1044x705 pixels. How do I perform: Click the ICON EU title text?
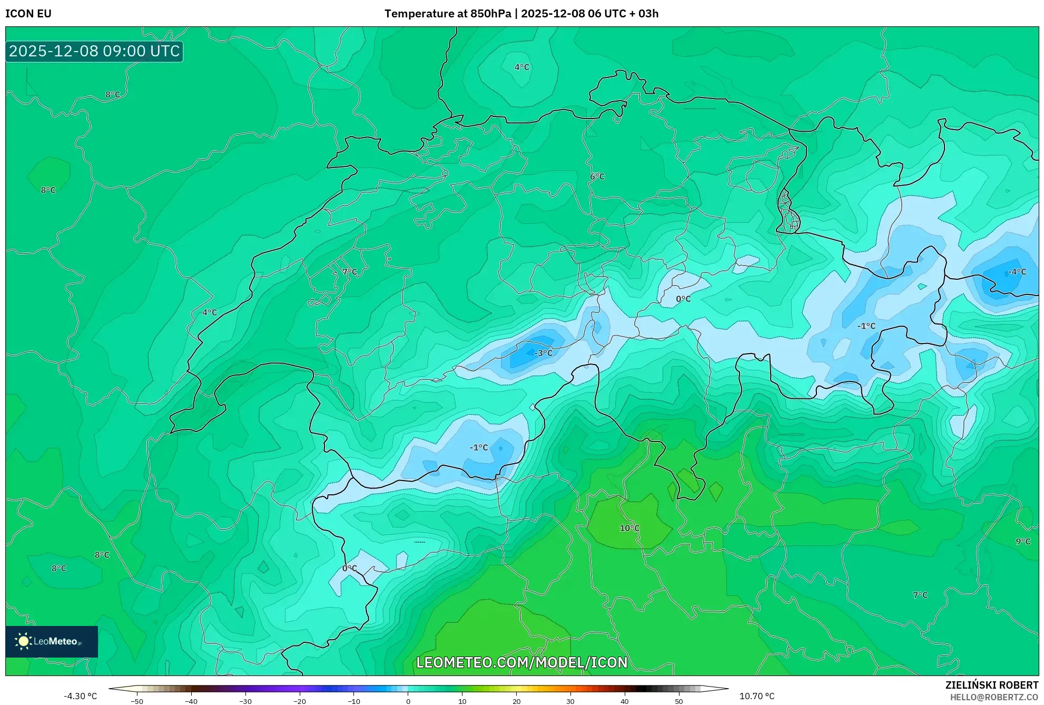pos(28,14)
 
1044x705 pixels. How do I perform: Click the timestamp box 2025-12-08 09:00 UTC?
pos(94,51)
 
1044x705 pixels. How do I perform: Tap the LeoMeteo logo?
pos(51,641)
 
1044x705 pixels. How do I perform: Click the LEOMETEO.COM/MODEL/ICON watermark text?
pos(521,662)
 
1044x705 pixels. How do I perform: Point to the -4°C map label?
pos(1017,272)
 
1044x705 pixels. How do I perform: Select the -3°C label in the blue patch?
pos(544,353)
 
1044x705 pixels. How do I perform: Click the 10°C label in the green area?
pos(629,528)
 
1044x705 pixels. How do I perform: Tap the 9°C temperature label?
pos(1022,541)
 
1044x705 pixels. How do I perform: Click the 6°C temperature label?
pos(597,177)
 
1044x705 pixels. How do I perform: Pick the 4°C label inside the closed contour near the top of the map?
pos(521,67)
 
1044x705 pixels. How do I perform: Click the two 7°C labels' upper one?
pos(350,272)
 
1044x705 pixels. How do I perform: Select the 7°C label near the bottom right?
pos(920,595)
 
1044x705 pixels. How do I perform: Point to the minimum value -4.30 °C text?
pos(81,696)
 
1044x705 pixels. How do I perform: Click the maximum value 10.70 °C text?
pos(756,696)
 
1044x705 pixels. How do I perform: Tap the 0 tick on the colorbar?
pos(408,701)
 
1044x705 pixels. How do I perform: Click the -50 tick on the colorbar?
pos(136,701)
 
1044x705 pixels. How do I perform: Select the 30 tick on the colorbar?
pos(570,701)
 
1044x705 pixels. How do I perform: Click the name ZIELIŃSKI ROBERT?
pos(991,685)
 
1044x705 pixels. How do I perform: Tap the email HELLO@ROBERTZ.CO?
pos(993,697)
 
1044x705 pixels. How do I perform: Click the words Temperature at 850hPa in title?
pos(448,14)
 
